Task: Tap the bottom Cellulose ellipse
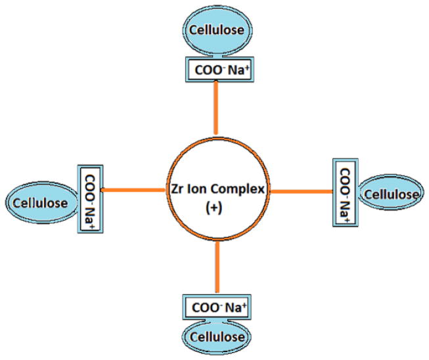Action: (217, 336)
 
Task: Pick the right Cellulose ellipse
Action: (390, 194)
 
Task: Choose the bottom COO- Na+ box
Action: (216, 306)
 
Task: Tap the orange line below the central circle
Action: (216, 270)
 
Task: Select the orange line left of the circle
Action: (134, 191)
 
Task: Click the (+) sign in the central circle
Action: (216, 208)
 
